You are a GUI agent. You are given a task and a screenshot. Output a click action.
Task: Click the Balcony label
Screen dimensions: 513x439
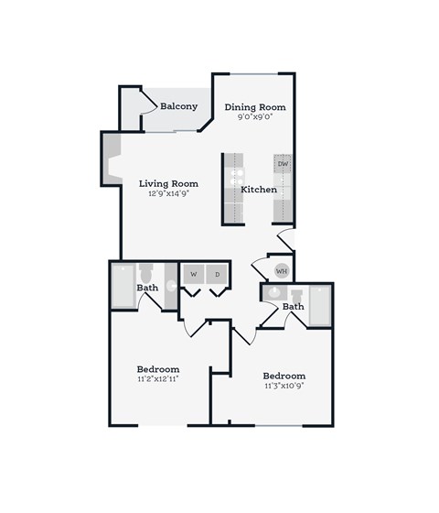[179, 106]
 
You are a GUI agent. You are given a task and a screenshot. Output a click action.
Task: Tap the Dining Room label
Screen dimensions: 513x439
[256, 107]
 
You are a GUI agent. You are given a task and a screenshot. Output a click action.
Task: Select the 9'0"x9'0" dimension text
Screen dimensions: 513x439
[256, 117]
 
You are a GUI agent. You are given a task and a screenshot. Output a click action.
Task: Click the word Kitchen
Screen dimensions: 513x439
[259, 190]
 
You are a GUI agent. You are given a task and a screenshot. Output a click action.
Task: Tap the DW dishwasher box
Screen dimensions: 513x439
[284, 165]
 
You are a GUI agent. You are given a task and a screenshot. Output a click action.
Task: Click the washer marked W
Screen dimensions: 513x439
[195, 274]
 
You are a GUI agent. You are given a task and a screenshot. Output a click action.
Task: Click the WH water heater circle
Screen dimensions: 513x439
[282, 271]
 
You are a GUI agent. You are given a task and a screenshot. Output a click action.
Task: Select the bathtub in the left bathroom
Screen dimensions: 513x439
[123, 286]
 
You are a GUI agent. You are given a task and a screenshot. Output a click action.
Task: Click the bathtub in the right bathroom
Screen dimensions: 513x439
[320, 306]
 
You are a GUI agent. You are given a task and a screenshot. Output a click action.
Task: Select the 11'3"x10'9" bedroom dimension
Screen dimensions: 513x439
[284, 387]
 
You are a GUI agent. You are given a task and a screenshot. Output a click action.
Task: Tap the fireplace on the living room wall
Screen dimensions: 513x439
[110, 166]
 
